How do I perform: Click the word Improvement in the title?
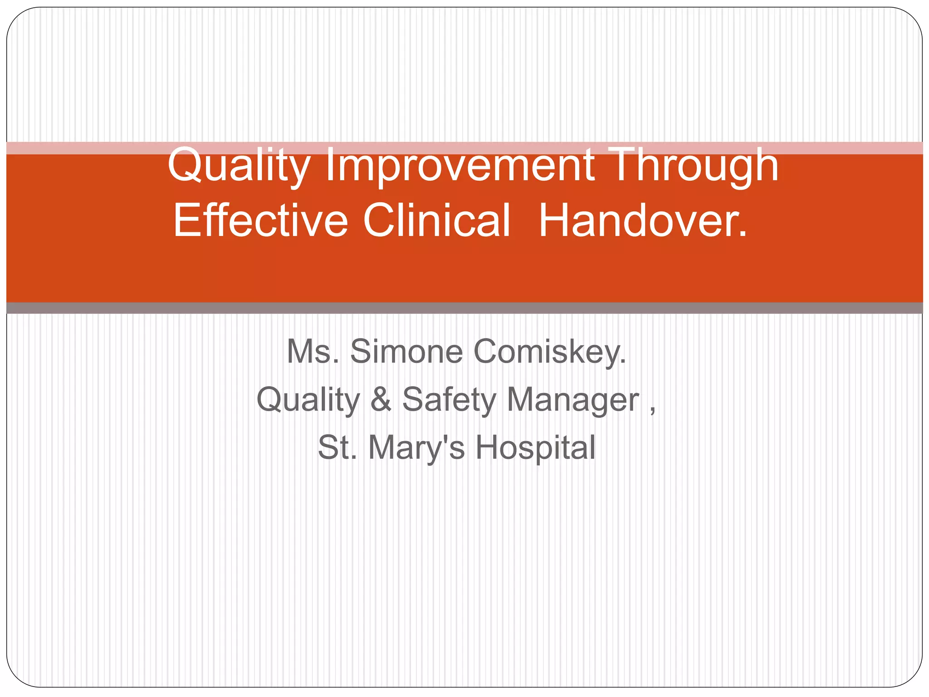click(x=460, y=166)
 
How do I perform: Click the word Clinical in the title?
click(x=436, y=221)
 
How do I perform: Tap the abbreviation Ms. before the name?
click(x=313, y=352)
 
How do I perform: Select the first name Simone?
click(x=406, y=352)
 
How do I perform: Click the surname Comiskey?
click(x=549, y=352)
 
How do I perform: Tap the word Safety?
click(x=449, y=400)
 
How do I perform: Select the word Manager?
click(x=573, y=400)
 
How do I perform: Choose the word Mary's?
click(x=416, y=448)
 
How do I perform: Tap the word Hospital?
click(x=535, y=448)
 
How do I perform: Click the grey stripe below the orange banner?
click(x=464, y=308)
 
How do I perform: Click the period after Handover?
click(x=742, y=234)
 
